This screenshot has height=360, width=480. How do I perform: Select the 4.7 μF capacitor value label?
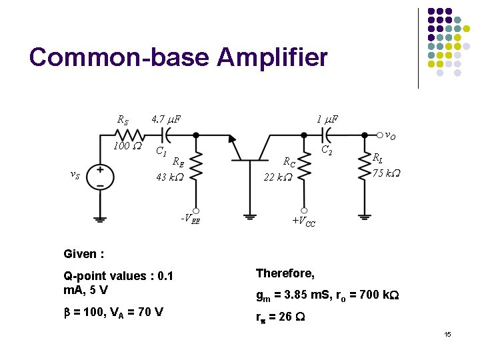(x=167, y=119)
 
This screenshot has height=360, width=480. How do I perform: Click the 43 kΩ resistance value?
(x=170, y=177)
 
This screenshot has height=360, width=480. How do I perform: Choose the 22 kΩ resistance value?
(x=277, y=177)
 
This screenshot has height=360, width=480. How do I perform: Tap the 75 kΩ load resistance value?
(x=386, y=173)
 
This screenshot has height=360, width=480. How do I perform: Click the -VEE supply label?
(x=190, y=218)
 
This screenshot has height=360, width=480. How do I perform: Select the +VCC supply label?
(x=303, y=220)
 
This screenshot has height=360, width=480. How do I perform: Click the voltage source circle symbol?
(x=100, y=177)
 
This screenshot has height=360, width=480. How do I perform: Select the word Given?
(x=81, y=254)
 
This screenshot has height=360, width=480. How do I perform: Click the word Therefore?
(x=285, y=273)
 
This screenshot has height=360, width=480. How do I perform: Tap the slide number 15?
(x=447, y=333)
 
